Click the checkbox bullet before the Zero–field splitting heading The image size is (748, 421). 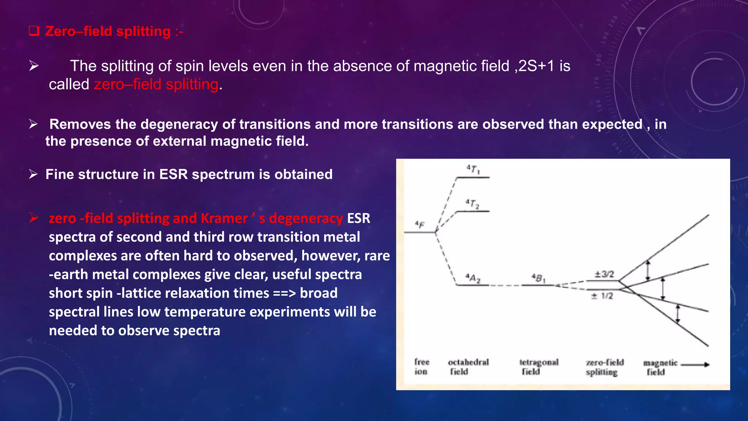point(34,31)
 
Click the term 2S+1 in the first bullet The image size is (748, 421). point(537,66)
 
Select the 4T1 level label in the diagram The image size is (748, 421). point(473,170)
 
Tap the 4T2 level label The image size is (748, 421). point(472,204)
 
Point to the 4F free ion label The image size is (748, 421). point(420,224)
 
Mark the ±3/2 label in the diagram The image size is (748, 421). point(604,274)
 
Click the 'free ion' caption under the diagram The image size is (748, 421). point(421,367)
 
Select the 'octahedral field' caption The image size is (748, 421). point(468,367)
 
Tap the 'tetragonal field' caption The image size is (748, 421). point(539,367)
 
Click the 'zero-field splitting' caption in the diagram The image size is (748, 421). point(604,367)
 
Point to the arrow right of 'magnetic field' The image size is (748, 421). point(695,364)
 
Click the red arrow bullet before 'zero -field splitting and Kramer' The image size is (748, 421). point(34,218)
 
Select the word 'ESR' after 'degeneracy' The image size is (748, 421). point(358,219)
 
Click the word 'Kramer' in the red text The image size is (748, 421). point(224,219)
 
